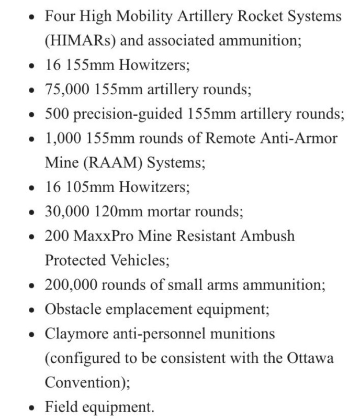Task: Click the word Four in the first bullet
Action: click(x=59, y=16)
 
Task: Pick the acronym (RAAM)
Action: click(x=110, y=163)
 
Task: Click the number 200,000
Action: click(x=71, y=284)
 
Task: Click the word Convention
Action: click(x=84, y=382)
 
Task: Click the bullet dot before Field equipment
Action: click(x=33, y=407)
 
